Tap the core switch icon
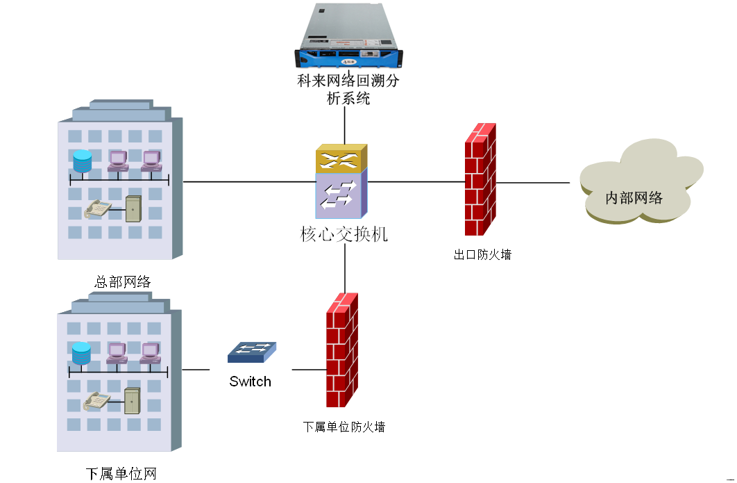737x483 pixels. pyautogui.click(x=341, y=183)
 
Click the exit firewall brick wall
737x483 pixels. pyautogui.click(x=480, y=179)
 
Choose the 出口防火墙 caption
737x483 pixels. pyautogui.click(x=482, y=255)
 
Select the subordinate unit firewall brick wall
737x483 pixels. pyautogui.click(x=342, y=350)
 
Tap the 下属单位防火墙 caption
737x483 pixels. pyautogui.click(x=344, y=427)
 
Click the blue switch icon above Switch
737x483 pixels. pyautogui.click(x=251, y=352)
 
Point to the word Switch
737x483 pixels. pyautogui.click(x=251, y=382)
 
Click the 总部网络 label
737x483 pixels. pyautogui.click(x=123, y=282)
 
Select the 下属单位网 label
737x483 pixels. pyautogui.click(x=121, y=474)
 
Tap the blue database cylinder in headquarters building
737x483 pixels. pyautogui.click(x=82, y=161)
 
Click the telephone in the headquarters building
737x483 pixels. pyautogui.click(x=96, y=208)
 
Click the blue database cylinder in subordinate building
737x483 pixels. pyautogui.click(x=81, y=353)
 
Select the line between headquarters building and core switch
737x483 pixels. pyautogui.click(x=250, y=182)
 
